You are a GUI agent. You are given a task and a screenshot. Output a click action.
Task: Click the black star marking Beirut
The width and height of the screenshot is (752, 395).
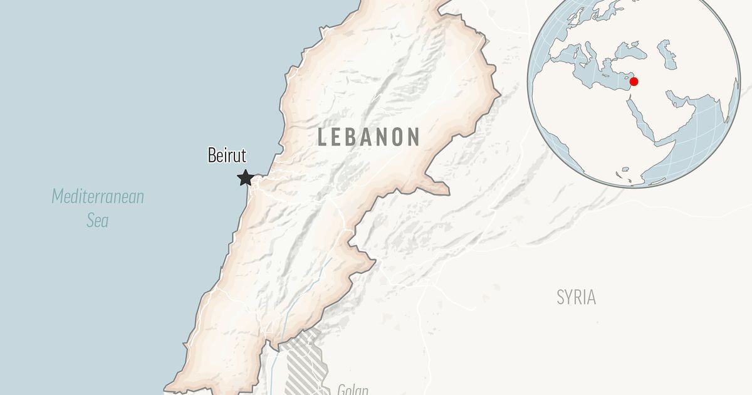[245, 178]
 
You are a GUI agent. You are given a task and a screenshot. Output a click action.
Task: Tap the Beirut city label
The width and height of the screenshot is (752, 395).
[227, 155]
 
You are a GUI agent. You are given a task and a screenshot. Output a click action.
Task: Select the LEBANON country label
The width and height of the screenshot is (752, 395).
[368, 137]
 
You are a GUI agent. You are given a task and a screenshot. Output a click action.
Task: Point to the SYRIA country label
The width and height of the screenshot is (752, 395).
[576, 297]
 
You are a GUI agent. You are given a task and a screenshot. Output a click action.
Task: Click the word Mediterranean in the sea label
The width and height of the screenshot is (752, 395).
[98, 197]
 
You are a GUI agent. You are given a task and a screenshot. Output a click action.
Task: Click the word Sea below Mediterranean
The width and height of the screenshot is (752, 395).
[98, 221]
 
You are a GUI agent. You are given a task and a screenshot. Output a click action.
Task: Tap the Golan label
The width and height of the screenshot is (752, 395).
[352, 389]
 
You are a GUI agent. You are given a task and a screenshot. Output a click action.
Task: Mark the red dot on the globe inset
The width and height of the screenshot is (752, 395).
[634, 82]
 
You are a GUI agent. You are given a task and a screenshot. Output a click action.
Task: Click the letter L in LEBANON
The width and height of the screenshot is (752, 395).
[323, 137]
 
